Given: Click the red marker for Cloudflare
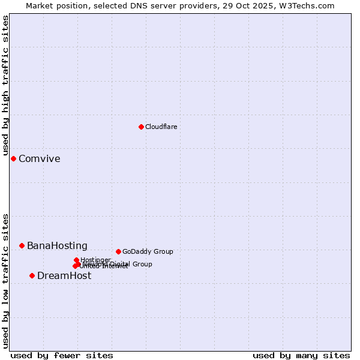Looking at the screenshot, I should pos(141,127).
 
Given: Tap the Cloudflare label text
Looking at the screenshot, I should pos(161,127).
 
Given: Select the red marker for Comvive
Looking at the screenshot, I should pos(13,158).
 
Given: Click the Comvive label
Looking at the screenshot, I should pos(40,159).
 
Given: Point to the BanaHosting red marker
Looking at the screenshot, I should pos(22,245).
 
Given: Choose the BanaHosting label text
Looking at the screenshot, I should pos(57,246).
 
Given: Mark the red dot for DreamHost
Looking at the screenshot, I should pos(32,275).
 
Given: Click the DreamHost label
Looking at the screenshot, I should pos(64,276).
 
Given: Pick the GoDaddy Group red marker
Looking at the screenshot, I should pos(118,251).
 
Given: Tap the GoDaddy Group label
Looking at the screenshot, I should pos(148,251).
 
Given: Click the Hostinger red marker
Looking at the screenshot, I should pos(76,260).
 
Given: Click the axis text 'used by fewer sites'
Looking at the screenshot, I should pos(62,355).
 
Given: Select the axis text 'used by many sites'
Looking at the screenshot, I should pos(301,355).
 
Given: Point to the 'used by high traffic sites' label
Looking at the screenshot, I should pos(5,86).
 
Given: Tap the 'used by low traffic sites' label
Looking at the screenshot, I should pos(5,280).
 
